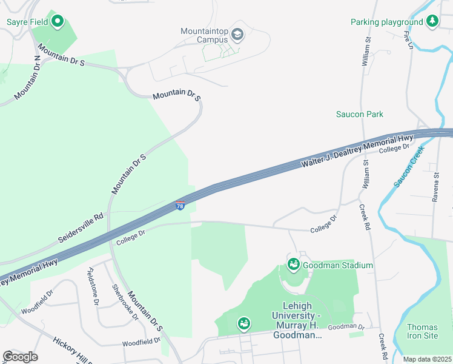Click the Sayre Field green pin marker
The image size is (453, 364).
[58, 22]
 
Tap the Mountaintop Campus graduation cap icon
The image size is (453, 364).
[237, 35]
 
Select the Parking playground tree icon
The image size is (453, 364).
[432, 22]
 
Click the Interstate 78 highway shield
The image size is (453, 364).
[180, 206]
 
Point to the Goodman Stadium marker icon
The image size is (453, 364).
[293, 265]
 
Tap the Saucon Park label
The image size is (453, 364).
[360, 114]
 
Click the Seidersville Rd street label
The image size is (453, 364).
[82, 226]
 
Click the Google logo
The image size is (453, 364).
[20, 356]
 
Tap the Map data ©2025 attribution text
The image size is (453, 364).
[427, 359]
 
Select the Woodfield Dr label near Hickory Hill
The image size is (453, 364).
[141, 343]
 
